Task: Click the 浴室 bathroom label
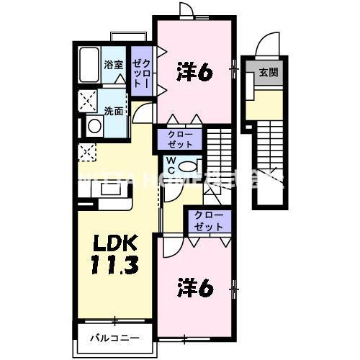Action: tap(113, 65)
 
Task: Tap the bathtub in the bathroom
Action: tap(89, 66)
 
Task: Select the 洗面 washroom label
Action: tap(112, 111)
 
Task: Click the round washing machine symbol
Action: tap(94, 127)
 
